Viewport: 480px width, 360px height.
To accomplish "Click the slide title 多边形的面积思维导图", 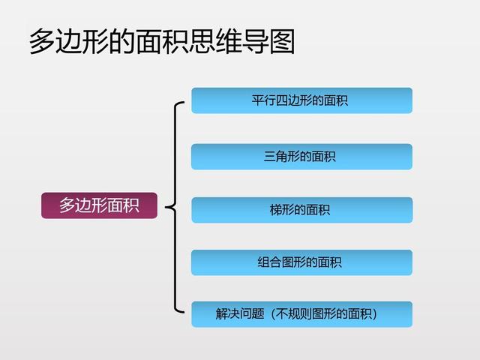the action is tap(161, 42).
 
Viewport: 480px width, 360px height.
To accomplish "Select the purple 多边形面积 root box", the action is tap(99, 205).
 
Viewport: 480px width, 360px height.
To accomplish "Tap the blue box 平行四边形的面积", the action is tap(301, 100).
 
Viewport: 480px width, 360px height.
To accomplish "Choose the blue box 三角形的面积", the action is tap(301, 157).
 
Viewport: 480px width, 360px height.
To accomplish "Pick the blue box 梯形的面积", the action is tap(301, 210).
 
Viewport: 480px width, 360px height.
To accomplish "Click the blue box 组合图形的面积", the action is tap(301, 262).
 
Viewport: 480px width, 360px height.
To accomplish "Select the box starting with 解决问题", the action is tap(301, 314).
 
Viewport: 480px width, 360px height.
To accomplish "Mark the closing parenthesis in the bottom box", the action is tap(374, 314).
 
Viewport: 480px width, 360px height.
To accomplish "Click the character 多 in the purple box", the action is tap(67, 205).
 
